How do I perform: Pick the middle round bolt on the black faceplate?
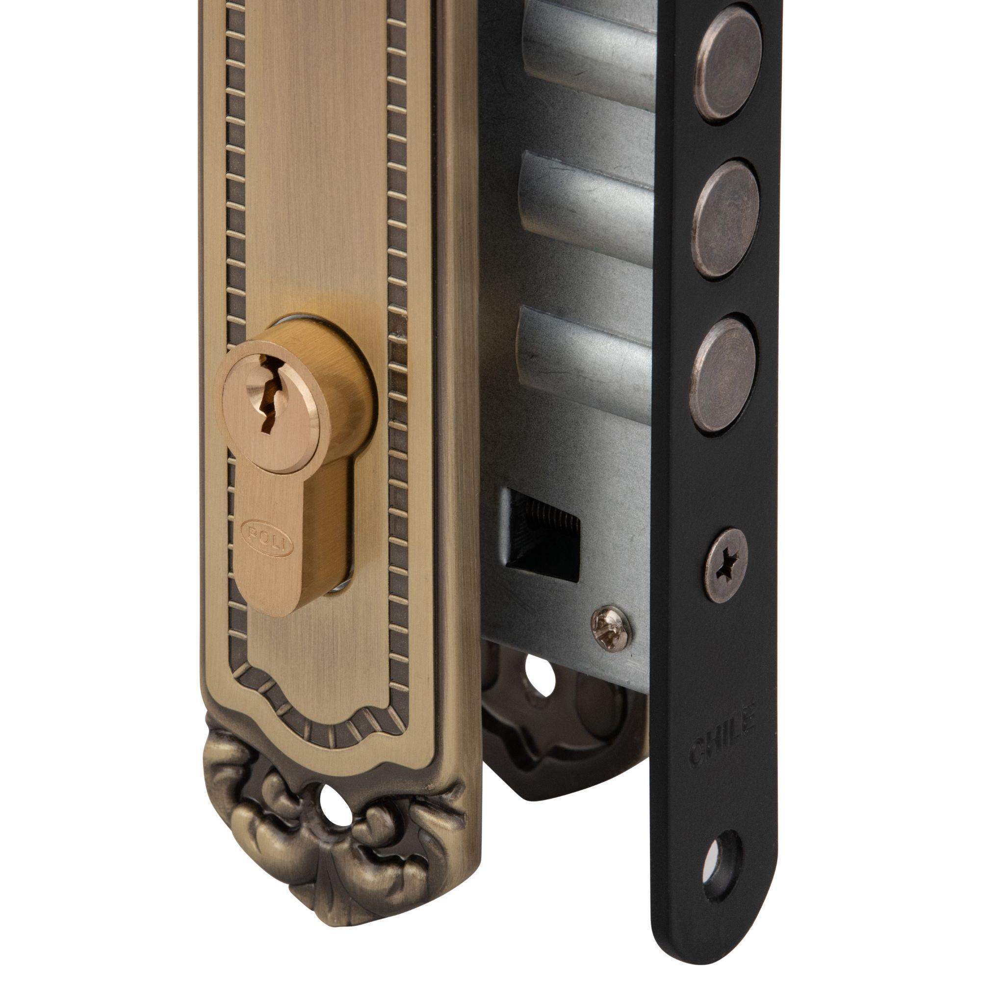coord(725,219)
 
